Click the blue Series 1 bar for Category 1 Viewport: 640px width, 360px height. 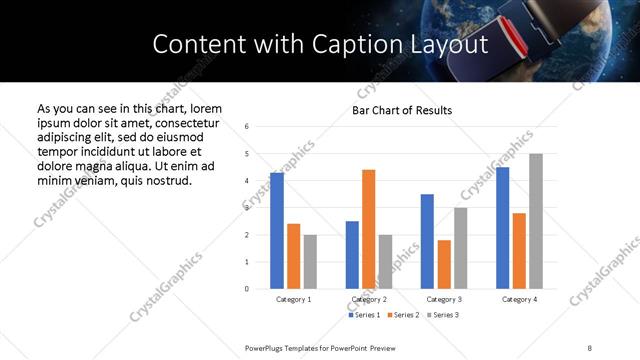(x=277, y=231)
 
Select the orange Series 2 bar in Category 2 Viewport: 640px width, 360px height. (x=368, y=229)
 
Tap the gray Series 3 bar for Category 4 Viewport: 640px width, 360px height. (x=536, y=221)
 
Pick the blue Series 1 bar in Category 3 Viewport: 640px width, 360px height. (x=427, y=241)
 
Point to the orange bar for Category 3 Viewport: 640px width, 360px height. (x=444, y=264)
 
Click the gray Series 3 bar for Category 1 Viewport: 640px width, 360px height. (x=310, y=262)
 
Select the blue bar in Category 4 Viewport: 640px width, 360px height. (x=503, y=228)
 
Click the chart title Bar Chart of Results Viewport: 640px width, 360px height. (x=402, y=110)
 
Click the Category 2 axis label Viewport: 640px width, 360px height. (x=369, y=299)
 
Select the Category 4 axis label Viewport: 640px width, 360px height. (x=519, y=299)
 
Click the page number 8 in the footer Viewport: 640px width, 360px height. (x=589, y=347)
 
